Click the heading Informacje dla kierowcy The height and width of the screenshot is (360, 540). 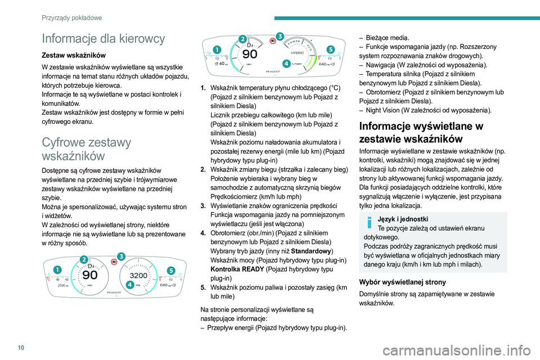coord(103,38)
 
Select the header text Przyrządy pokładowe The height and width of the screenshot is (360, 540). coord(71,17)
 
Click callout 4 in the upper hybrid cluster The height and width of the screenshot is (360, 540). coord(286,64)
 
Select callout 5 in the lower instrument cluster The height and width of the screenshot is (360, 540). coord(171,269)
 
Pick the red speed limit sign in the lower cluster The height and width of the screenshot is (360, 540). coord(114,262)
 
